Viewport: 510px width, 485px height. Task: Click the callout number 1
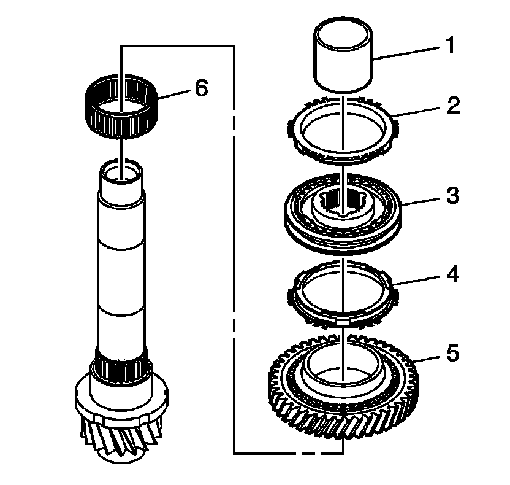tap(451, 46)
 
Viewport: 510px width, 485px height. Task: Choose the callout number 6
tap(202, 88)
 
